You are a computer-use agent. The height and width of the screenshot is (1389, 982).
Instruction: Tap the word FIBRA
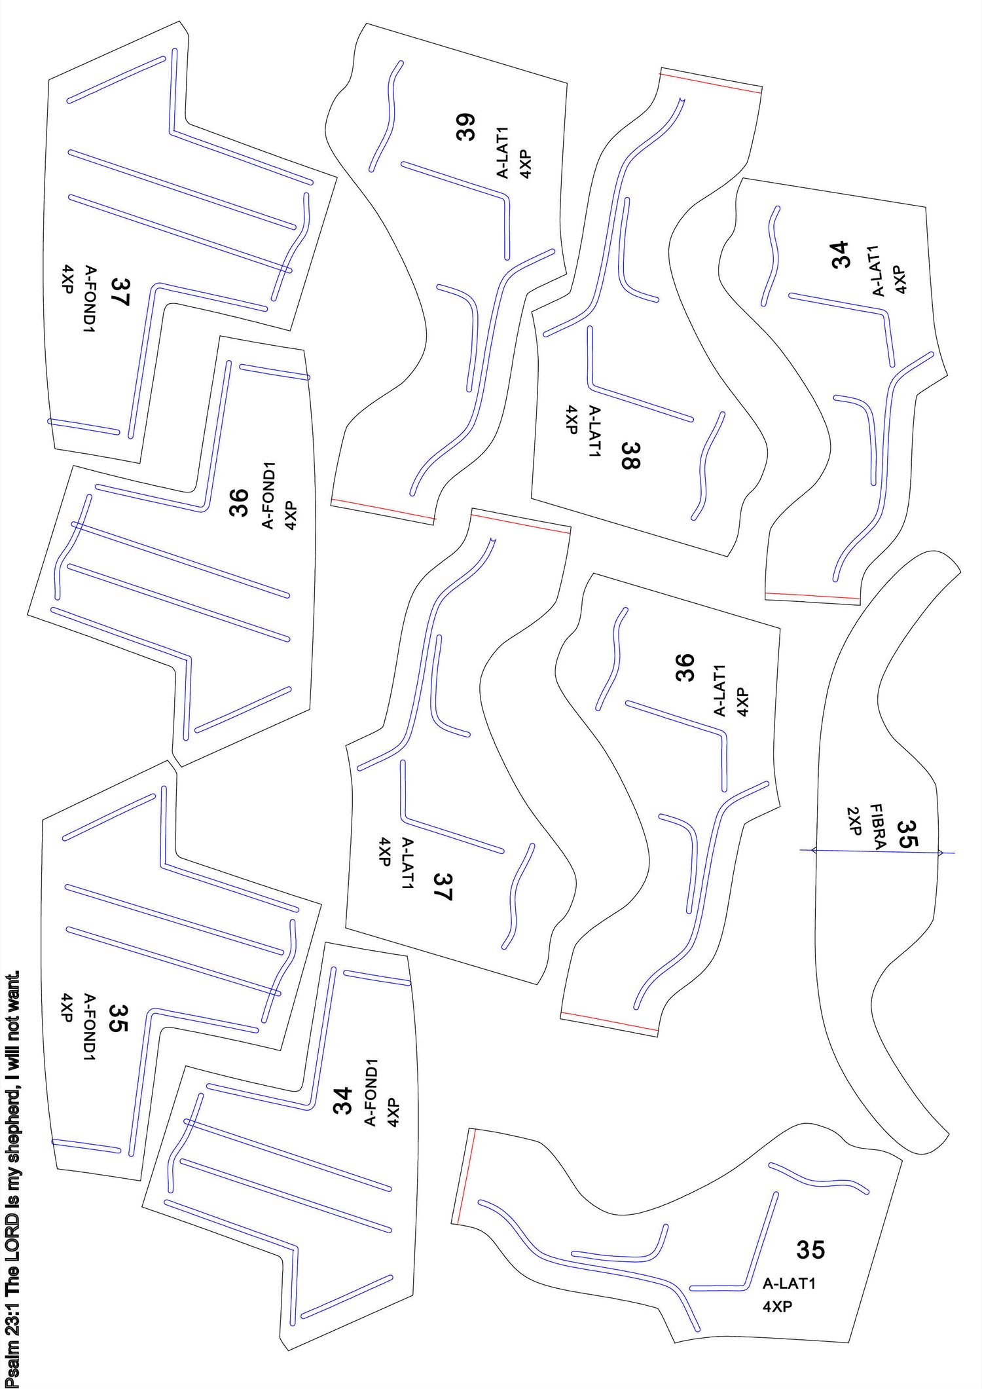point(878,826)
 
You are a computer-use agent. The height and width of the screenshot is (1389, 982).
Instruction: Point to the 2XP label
point(854,821)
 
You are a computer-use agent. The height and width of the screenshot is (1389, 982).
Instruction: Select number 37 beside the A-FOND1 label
point(120,292)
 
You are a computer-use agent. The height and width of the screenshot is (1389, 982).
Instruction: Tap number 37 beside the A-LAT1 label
point(443,887)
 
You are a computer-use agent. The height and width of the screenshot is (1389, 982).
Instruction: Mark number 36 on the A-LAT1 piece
point(684,667)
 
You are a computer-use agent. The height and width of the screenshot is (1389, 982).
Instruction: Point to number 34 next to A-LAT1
point(840,255)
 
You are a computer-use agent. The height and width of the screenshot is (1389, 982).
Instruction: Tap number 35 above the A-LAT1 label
point(810,1250)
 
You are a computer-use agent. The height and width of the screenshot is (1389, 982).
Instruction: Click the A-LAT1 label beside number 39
point(503,153)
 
